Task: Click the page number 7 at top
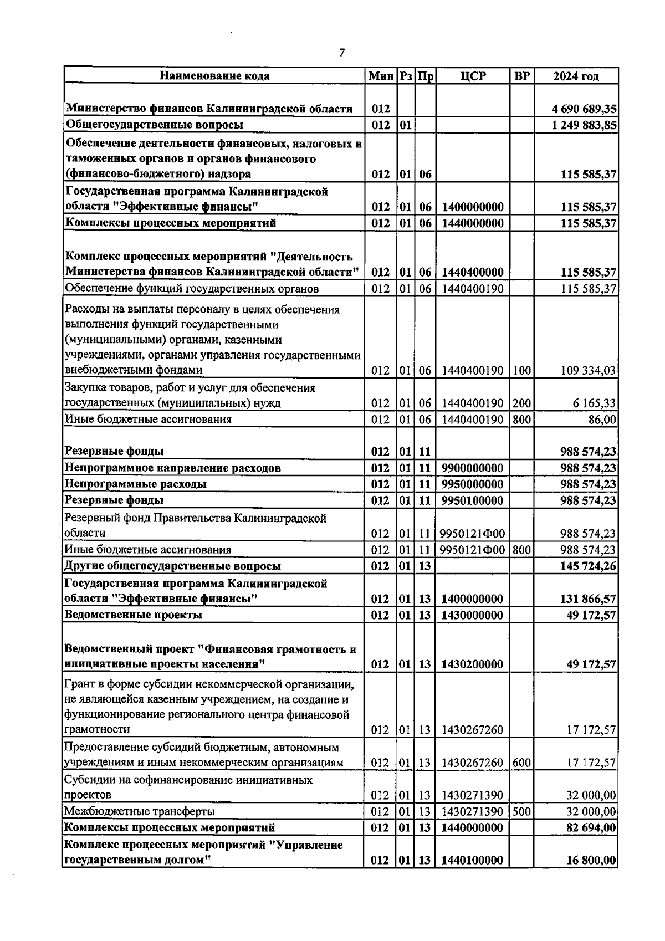341,53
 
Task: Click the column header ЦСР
473,76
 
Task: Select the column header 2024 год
576,76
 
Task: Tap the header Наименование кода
214,76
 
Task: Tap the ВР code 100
521,370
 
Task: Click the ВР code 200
521,403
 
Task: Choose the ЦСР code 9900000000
473,468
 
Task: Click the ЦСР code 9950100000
473,501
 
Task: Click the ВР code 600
521,763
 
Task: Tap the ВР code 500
521,811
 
